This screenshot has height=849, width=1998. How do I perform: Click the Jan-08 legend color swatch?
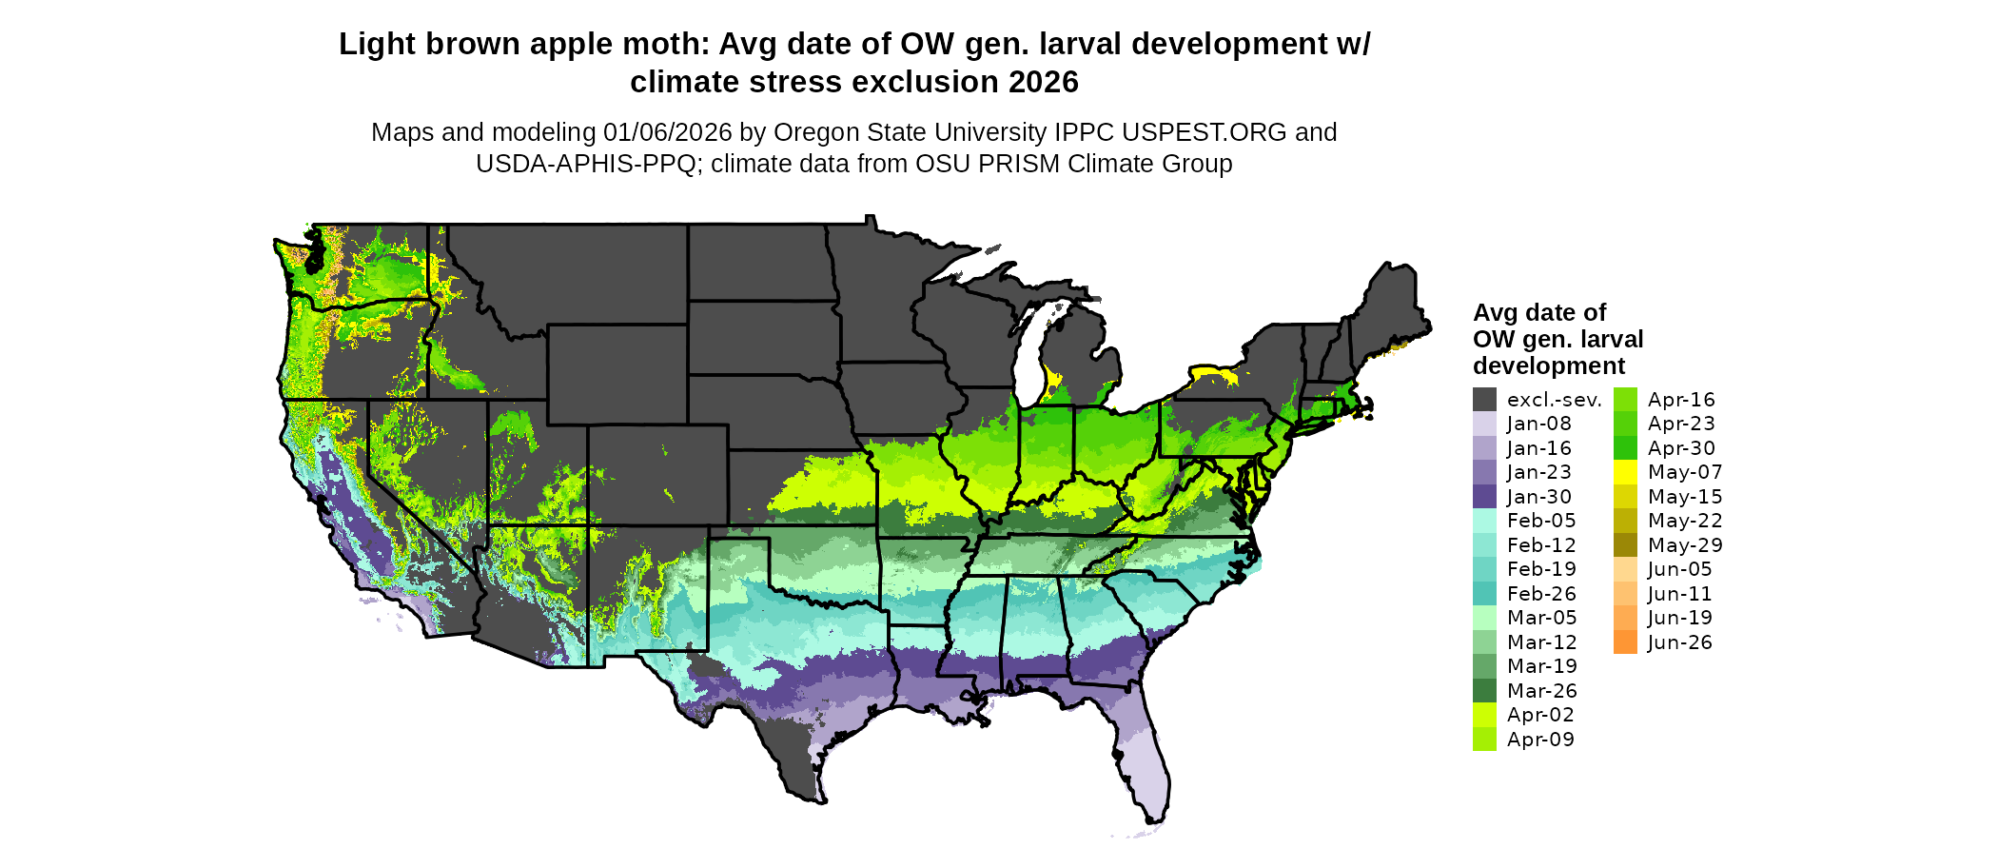pyautogui.click(x=1484, y=424)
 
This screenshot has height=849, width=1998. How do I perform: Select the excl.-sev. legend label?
pyautogui.click(x=1555, y=400)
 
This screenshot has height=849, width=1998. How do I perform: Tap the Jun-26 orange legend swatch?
pyautogui.click(x=1625, y=642)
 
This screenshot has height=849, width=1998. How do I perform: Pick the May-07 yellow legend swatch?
pyautogui.click(x=1625, y=472)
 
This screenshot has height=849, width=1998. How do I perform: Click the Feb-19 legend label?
pyautogui.click(x=1541, y=569)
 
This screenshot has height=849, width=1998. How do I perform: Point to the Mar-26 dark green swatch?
pyautogui.click(x=1484, y=691)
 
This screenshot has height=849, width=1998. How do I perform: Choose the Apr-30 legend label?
pyautogui.click(x=1681, y=448)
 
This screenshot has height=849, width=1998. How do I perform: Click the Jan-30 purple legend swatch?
pyautogui.click(x=1484, y=497)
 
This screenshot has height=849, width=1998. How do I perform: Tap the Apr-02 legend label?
pyautogui.click(x=1540, y=715)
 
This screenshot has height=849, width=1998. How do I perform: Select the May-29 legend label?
pyautogui.click(x=1685, y=545)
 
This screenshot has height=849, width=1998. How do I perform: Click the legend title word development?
pyautogui.click(x=1549, y=366)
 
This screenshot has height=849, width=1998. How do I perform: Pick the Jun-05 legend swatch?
pyautogui.click(x=1625, y=569)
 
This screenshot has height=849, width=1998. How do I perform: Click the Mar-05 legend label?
pyautogui.click(x=1541, y=618)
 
